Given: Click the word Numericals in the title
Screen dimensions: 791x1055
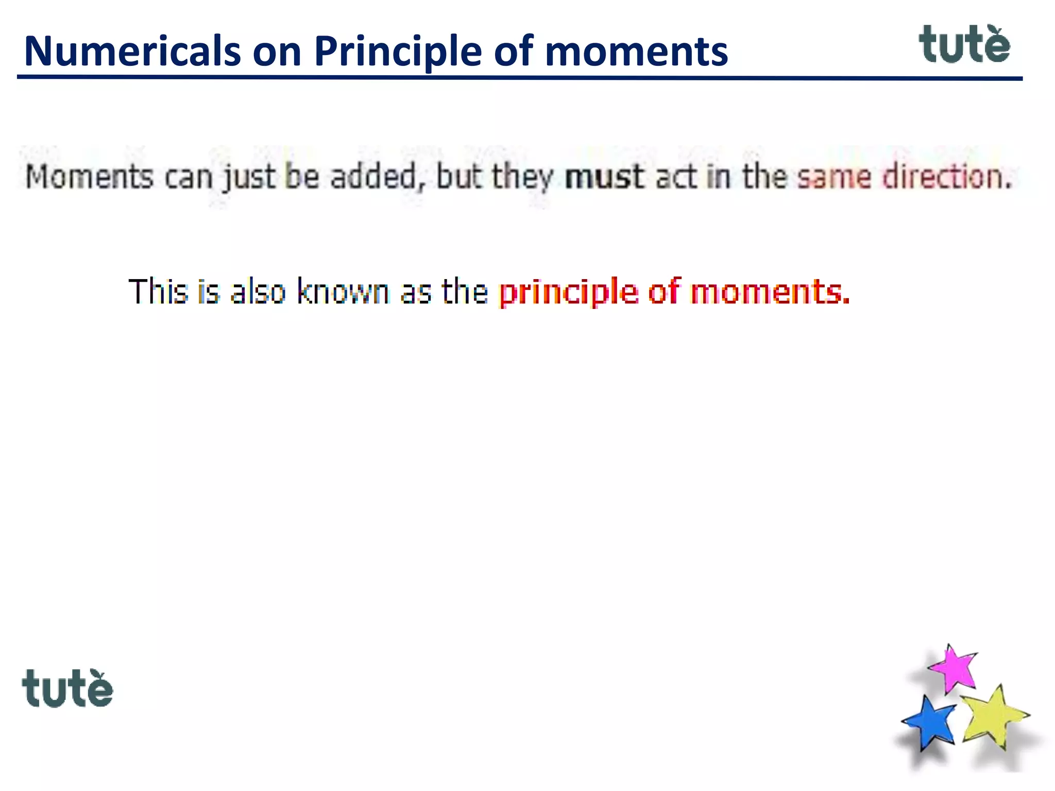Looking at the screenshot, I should (132, 51).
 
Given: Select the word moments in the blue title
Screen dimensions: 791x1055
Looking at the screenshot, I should (636, 51).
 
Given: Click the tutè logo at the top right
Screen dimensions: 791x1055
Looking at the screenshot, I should (964, 45).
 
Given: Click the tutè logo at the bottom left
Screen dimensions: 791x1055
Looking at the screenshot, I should (67, 689).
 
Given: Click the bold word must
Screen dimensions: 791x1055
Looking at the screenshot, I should (604, 177).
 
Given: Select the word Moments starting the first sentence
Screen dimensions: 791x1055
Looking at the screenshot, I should (90, 177).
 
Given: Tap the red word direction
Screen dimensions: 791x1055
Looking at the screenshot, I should (947, 177).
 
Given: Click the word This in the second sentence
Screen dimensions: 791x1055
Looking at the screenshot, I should (158, 291).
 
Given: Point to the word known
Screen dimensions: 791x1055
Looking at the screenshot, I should (343, 291).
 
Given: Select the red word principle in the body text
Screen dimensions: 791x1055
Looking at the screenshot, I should (568, 293).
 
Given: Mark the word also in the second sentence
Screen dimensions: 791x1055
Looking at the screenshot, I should (258, 291).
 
